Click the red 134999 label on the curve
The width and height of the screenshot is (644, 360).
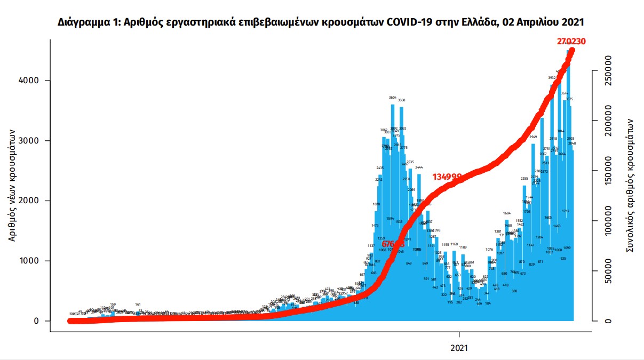(447, 176)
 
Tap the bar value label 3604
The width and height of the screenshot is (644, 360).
(393, 98)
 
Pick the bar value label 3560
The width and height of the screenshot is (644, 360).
(402, 100)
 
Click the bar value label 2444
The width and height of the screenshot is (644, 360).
(419, 167)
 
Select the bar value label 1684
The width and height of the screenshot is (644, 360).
(507, 213)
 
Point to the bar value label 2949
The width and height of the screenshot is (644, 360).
(533, 137)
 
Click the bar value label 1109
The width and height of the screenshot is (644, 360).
(463, 247)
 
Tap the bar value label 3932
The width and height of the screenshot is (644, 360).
(552, 78)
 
